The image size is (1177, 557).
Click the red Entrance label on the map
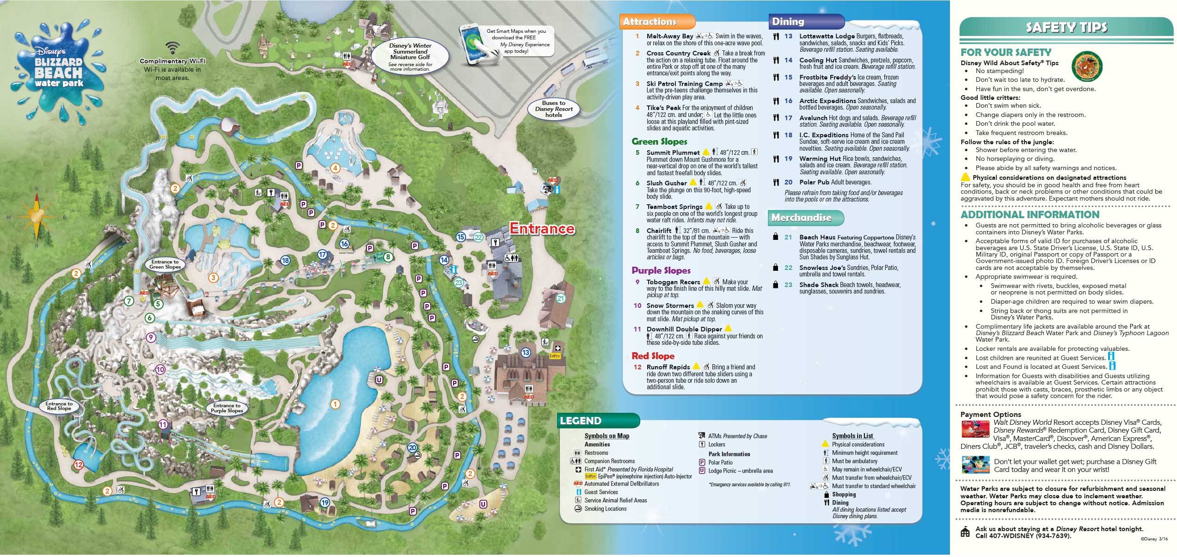[542, 229]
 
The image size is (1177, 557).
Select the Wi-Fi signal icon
[173, 48]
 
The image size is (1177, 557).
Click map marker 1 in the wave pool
[335, 404]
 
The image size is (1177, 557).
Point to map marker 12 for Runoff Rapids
[78, 465]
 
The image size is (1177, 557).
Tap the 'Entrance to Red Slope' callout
[59, 406]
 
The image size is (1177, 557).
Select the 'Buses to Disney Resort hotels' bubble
[553, 110]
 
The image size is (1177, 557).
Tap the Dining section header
[788, 21]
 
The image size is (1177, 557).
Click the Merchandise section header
[801, 218]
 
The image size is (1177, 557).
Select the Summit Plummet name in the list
[673, 153]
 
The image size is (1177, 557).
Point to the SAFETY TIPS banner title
[1067, 28]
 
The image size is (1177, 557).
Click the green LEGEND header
[581, 421]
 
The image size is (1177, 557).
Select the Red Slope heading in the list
[653, 356]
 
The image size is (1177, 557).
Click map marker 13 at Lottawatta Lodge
[525, 353]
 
